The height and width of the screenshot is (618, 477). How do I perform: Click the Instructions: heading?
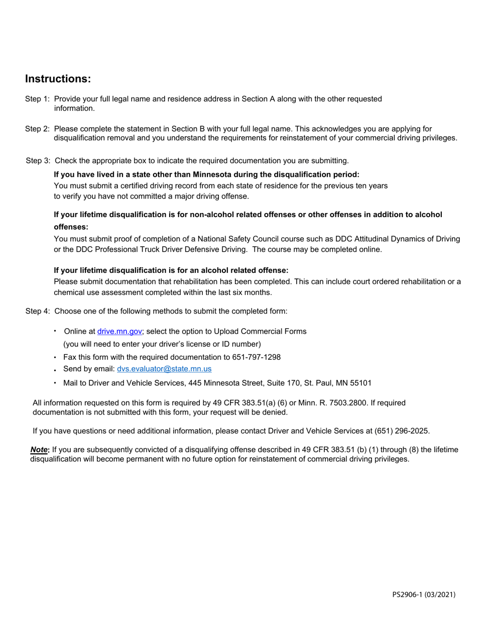coord(58,79)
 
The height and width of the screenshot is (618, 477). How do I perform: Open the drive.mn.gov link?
coord(120,332)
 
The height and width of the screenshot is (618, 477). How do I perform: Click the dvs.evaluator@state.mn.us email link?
coord(164,369)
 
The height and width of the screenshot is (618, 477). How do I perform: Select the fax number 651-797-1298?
coord(256,357)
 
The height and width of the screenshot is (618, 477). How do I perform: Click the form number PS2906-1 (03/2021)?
coord(424,595)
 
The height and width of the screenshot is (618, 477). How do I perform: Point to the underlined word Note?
coord(39,450)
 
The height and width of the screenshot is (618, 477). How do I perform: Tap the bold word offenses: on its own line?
coord(71,227)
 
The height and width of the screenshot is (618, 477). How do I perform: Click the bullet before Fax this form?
coord(55,358)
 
